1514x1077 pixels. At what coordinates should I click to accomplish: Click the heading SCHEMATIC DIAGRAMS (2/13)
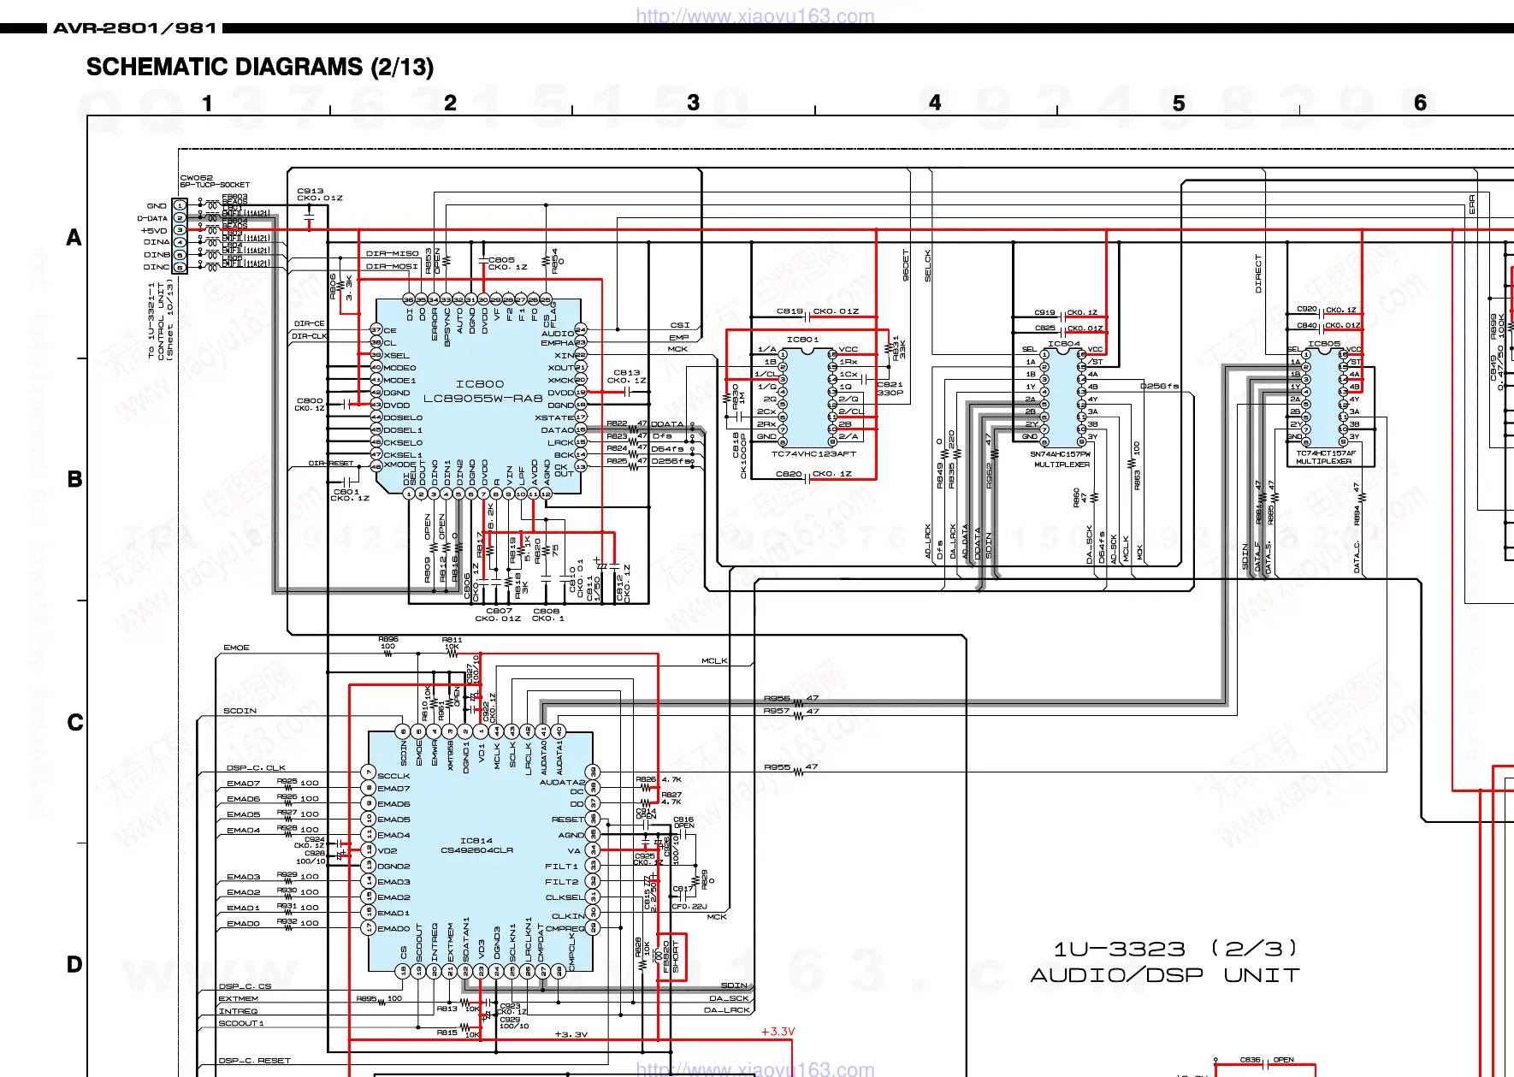coord(259,67)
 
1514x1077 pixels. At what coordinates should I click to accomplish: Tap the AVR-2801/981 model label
coord(135,28)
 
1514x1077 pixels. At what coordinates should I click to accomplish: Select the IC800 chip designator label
coord(480,384)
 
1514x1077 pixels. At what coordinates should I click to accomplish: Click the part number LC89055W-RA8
coord(483,398)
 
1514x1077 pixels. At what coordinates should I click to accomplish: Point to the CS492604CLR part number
coord(476,850)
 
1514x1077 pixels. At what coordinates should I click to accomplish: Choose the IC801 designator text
coord(802,340)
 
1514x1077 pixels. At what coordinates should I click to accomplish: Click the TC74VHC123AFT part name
coord(813,454)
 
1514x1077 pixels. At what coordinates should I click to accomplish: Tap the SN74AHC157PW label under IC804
coord(1060,454)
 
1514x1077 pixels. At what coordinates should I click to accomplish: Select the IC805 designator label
coord(1323,344)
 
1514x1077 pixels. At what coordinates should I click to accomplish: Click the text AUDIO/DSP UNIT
coord(1164,975)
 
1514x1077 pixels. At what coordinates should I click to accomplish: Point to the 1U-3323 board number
coord(1119,949)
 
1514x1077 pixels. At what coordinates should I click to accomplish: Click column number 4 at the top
coord(935,104)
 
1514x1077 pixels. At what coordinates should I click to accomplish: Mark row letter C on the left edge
coord(75,723)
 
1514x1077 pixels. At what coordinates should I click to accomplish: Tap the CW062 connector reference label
coord(196,178)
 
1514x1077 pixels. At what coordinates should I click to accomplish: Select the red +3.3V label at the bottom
coord(778,1032)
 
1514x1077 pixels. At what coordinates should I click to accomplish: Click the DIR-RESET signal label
coord(330,463)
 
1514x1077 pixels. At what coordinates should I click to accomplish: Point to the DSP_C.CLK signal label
coord(256,768)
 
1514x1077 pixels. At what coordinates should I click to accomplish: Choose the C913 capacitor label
coord(310,191)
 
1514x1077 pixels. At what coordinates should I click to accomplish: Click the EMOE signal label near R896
coord(236,648)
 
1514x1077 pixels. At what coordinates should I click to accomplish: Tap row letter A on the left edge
coord(74,238)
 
